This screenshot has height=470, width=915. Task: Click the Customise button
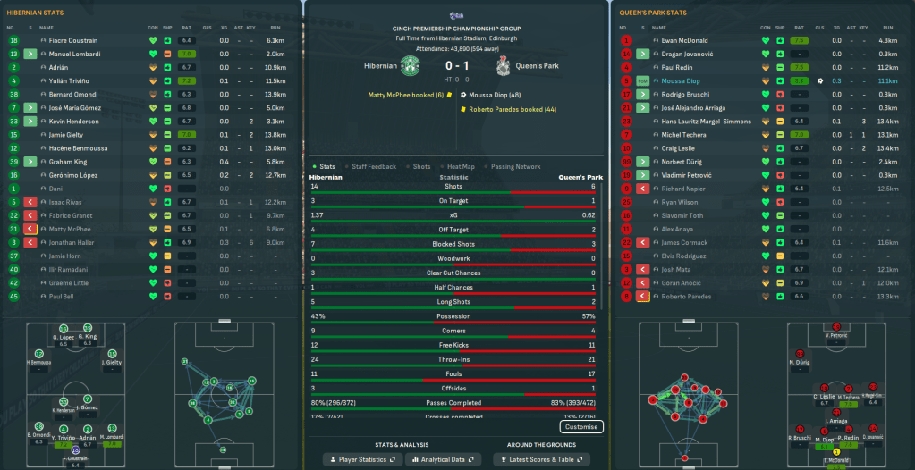[x=580, y=427]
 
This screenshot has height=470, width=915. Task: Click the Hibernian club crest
[x=411, y=67]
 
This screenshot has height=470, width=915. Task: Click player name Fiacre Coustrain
[x=73, y=40]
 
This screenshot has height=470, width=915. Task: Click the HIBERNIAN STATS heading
[x=35, y=13]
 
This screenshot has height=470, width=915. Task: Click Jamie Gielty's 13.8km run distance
[x=275, y=134]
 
